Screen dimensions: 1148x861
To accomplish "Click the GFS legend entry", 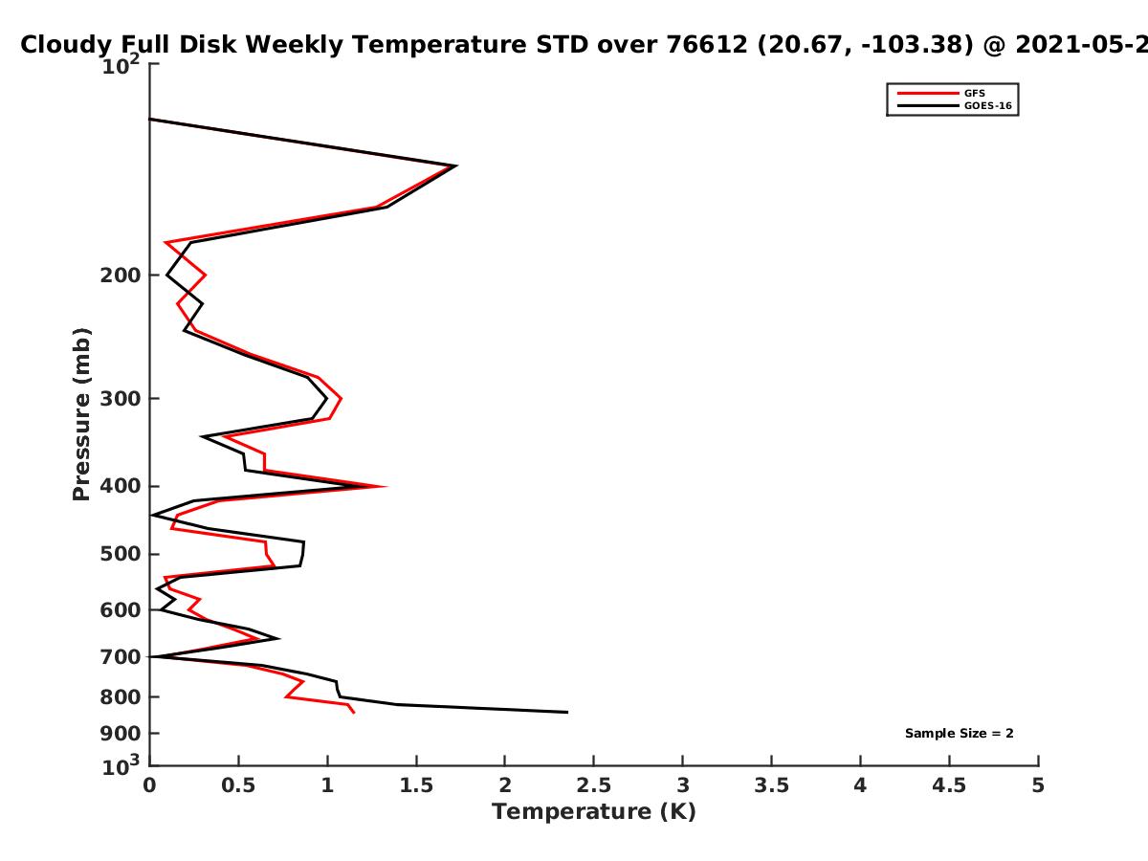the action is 941,94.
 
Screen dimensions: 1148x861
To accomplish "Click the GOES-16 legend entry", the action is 955,105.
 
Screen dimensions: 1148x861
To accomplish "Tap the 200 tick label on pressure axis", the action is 121,275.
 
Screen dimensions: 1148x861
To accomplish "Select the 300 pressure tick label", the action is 121,398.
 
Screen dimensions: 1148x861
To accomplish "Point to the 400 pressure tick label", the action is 121,486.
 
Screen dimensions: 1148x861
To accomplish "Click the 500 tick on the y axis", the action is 121,554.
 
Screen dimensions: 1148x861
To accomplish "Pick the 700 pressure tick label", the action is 121,656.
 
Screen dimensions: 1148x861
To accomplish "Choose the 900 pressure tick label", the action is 121,734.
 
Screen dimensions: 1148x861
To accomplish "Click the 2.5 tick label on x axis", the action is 594,785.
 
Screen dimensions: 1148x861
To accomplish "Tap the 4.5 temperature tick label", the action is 949,785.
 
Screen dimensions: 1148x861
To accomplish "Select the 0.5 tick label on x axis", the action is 238,785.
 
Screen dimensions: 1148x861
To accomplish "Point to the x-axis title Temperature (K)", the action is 594,812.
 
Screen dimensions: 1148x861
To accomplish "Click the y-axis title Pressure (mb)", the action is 81,414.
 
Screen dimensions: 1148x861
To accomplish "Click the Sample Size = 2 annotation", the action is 960,734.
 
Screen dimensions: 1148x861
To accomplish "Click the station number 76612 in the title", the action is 707,45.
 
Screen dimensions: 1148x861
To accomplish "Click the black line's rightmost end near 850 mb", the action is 567,712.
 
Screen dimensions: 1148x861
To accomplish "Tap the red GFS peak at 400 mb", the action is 386,487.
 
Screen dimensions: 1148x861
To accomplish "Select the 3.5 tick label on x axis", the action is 771,785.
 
